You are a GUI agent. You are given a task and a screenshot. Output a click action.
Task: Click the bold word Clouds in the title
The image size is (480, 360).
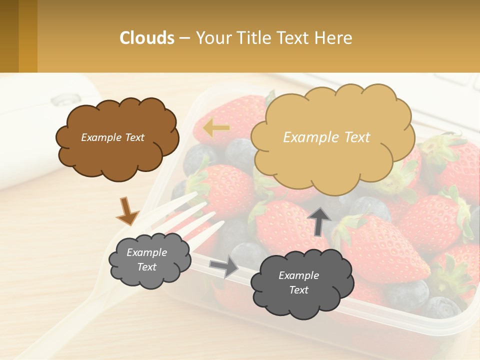[x=147, y=37]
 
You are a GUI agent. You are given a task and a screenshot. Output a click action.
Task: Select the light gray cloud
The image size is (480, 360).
[x=149, y=259]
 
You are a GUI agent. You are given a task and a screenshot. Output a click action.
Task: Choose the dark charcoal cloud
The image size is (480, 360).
[x=302, y=282]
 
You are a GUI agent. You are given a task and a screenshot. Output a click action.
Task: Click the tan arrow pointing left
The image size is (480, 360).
[x=216, y=128]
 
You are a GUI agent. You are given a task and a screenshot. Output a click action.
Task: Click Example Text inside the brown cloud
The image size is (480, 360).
[x=112, y=137]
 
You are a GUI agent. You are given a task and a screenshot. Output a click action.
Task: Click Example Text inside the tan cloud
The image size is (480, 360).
[x=326, y=137]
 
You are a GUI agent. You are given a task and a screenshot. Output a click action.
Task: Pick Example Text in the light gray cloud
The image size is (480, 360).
[x=146, y=259]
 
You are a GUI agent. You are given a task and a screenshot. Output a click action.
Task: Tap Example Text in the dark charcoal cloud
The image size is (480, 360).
[x=298, y=282]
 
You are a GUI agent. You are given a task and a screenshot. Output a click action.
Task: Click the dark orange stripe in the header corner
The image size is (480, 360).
[x=28, y=36]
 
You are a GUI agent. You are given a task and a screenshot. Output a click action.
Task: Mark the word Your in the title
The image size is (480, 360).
[x=212, y=37]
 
